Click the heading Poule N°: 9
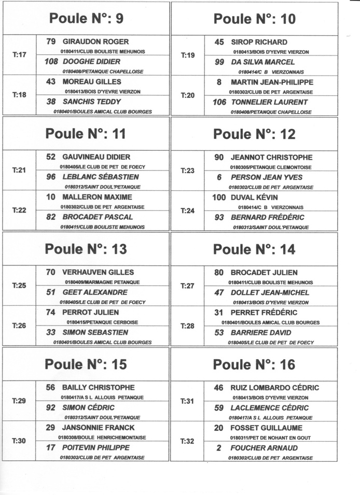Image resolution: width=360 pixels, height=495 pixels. (x=86, y=19)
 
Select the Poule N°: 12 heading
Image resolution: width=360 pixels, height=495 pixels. (x=255, y=134)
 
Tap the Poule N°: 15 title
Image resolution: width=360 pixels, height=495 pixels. (x=86, y=364)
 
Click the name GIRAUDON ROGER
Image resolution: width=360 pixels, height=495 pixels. (x=95, y=41)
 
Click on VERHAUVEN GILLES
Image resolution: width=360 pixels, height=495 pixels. (x=98, y=272)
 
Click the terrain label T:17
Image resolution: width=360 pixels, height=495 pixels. (x=19, y=54)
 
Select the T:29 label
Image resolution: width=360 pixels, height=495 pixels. (x=19, y=401)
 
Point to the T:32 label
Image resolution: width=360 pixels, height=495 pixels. (x=188, y=441)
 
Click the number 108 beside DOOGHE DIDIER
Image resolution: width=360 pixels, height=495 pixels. (x=51, y=62)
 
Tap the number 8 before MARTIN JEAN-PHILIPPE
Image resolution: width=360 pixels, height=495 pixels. (x=219, y=82)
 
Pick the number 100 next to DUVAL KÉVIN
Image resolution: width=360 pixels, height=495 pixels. (x=219, y=197)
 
